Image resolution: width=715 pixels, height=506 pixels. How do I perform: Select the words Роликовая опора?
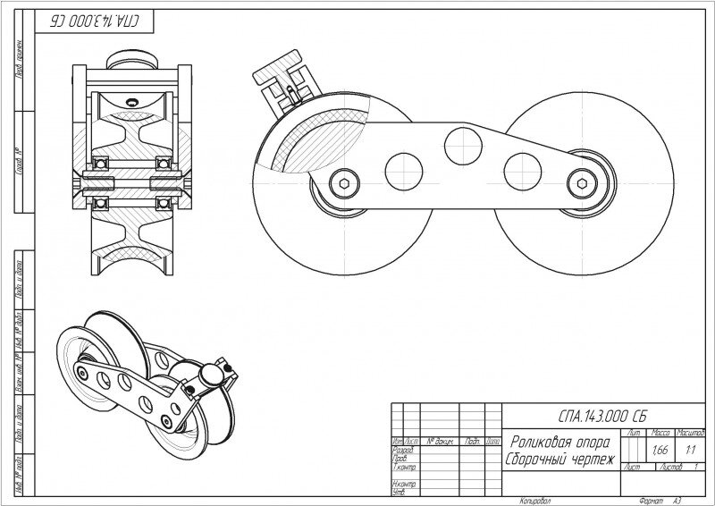tap(560, 442)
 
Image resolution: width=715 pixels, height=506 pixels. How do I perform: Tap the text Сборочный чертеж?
tap(560, 458)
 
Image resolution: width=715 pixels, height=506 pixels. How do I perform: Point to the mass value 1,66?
tap(662, 450)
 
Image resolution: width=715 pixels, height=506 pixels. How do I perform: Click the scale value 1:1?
tap(691, 450)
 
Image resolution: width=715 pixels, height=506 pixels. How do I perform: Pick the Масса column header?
tap(662, 433)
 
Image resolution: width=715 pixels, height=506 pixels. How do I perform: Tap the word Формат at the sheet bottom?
tap(643, 501)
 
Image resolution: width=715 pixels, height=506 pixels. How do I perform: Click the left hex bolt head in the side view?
tap(345, 182)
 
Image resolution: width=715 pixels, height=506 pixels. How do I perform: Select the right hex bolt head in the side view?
tap(584, 182)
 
